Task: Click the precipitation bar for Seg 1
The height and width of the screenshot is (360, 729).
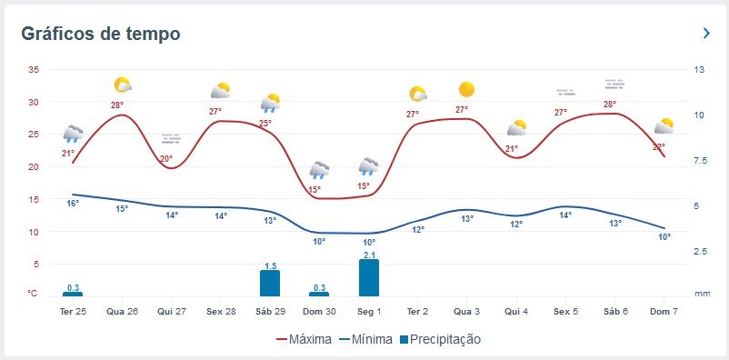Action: [369, 277]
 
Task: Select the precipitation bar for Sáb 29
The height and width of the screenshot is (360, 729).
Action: [270, 284]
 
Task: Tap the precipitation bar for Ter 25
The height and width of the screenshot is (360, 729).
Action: [73, 294]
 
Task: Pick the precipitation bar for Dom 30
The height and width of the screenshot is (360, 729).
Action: [319, 294]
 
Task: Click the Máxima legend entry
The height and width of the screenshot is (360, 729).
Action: [305, 339]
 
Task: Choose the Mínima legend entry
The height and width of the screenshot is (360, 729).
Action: [366, 339]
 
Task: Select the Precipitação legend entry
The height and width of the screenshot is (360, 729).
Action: [440, 339]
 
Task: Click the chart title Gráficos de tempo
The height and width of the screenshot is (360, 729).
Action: [101, 34]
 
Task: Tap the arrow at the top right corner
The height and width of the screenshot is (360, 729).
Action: [706, 33]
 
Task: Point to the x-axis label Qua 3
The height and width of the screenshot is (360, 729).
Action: [467, 312]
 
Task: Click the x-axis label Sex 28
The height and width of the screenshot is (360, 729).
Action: [221, 312]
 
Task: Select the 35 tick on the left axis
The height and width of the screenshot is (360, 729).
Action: [33, 70]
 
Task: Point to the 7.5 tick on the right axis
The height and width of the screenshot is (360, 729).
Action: [700, 161]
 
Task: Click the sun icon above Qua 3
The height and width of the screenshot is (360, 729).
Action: [466, 89]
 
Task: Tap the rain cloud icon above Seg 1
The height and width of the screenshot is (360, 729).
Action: [368, 166]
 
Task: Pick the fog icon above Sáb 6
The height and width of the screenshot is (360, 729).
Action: [614, 85]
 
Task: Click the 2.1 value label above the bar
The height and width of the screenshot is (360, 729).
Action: [369, 255]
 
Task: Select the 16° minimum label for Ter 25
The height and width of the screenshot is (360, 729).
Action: [73, 204]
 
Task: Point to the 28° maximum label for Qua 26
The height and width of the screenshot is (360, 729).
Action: [116, 105]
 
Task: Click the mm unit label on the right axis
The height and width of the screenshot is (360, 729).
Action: [702, 294]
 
